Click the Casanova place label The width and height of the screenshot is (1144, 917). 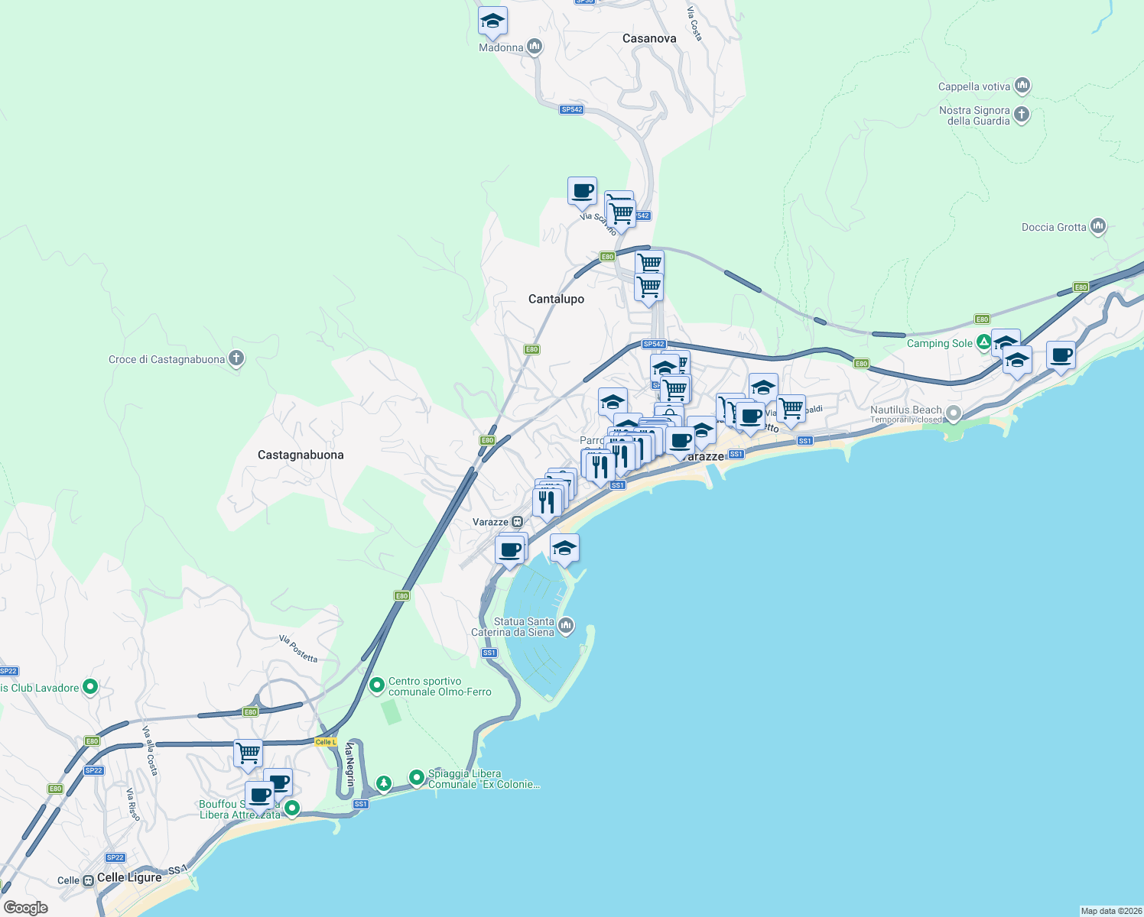click(648, 38)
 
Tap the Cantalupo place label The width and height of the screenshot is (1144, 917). click(556, 299)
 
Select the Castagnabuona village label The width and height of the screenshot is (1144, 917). click(301, 455)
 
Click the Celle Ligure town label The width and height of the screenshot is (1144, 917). click(129, 877)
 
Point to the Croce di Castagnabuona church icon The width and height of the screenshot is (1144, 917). click(236, 358)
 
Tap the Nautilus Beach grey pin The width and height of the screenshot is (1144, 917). click(953, 413)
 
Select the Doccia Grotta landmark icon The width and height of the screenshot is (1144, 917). click(1098, 226)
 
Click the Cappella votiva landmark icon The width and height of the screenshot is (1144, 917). click(1022, 86)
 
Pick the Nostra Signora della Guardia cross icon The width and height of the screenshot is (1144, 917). click(1022, 115)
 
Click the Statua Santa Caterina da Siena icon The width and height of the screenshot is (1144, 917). click(566, 627)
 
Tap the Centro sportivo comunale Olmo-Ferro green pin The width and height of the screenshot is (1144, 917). click(376, 685)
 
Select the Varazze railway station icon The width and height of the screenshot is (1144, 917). click(518, 522)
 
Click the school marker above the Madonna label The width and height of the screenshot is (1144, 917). click(492, 21)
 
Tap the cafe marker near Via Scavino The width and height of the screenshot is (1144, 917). click(582, 191)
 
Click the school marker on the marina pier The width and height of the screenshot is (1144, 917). click(564, 548)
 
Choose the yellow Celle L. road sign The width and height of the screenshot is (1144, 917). click(326, 742)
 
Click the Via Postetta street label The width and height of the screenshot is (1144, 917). click(298, 649)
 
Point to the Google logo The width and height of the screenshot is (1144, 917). click(26, 908)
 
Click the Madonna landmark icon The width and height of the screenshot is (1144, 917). click(535, 47)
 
